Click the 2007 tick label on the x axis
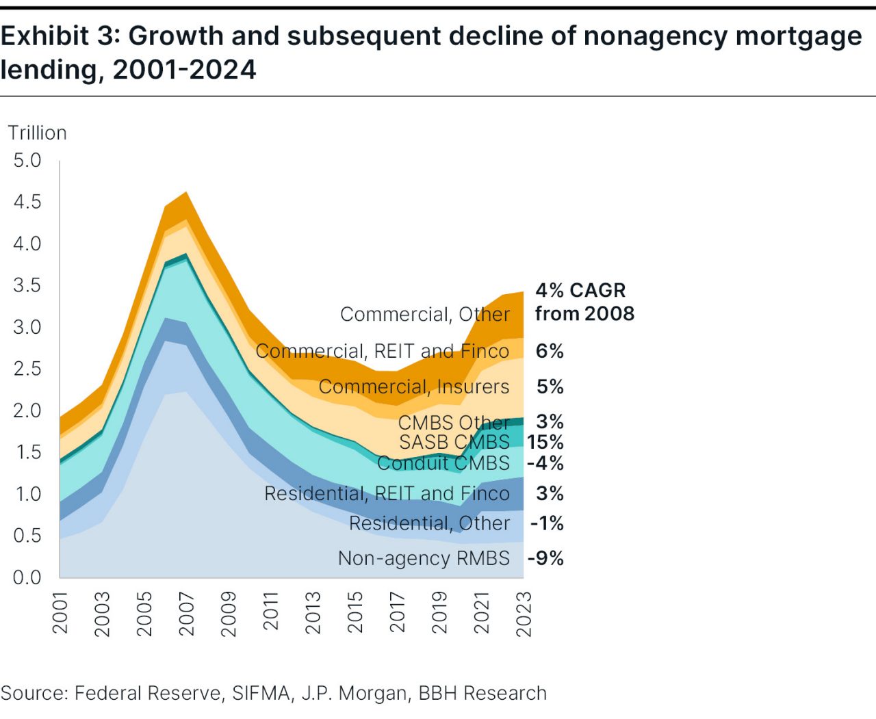pyautogui.click(x=186, y=614)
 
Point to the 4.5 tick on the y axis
pyautogui.click(x=27, y=202)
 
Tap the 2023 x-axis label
pyautogui.click(x=524, y=614)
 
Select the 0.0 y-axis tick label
pyautogui.click(x=27, y=577)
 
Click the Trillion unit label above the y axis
pyautogui.click(x=37, y=133)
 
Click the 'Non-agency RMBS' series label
pyautogui.click(x=424, y=558)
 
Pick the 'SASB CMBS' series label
pyautogui.click(x=454, y=442)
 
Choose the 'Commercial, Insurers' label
pyautogui.click(x=414, y=387)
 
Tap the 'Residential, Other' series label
pyautogui.click(x=429, y=523)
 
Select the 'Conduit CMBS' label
pyautogui.click(x=443, y=463)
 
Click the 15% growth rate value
pyautogui.click(x=545, y=442)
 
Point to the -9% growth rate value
pyautogui.click(x=545, y=558)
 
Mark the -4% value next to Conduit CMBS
pyautogui.click(x=545, y=463)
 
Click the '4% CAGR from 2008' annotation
pyautogui.click(x=584, y=302)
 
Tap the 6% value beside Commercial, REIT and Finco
pyautogui.click(x=550, y=351)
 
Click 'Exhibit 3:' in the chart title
pyautogui.click(x=60, y=36)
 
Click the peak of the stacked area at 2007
pyautogui.click(x=186, y=193)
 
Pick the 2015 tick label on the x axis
pyautogui.click(x=355, y=614)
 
